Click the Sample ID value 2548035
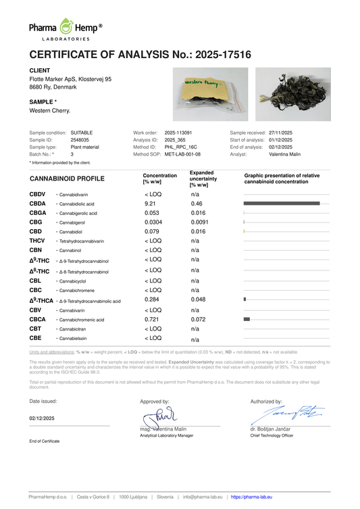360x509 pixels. coord(80,140)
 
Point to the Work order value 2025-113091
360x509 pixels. coord(178,132)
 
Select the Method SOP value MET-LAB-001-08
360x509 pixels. coord(182,154)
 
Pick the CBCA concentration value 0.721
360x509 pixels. coord(152,317)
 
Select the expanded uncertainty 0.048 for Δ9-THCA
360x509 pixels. coord(197,299)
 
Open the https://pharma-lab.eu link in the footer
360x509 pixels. coord(251,497)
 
